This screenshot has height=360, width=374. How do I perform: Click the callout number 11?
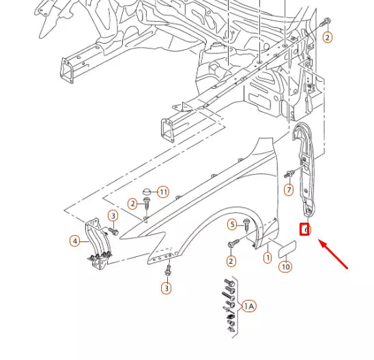coord(162,192)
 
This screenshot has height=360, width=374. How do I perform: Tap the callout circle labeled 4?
coord(74,240)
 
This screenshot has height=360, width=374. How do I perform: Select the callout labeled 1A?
coord(248,307)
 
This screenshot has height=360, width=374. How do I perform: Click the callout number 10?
coord(285,266)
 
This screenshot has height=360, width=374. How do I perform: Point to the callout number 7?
coord(289,189)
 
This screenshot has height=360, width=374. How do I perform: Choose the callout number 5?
coord(232,224)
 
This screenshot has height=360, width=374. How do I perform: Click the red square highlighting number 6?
coord(306,230)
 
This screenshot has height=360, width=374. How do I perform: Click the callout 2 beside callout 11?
coord(132,204)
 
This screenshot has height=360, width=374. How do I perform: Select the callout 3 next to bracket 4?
coord(113,217)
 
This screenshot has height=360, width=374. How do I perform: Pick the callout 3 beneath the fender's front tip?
coord(166,288)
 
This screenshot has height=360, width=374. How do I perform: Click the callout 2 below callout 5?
coord(231,261)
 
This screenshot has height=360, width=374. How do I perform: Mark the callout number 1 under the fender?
coord(268,258)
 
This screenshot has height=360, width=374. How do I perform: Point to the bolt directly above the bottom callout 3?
coord(167,271)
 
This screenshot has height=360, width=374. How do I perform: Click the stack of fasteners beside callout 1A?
coord(229,305)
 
